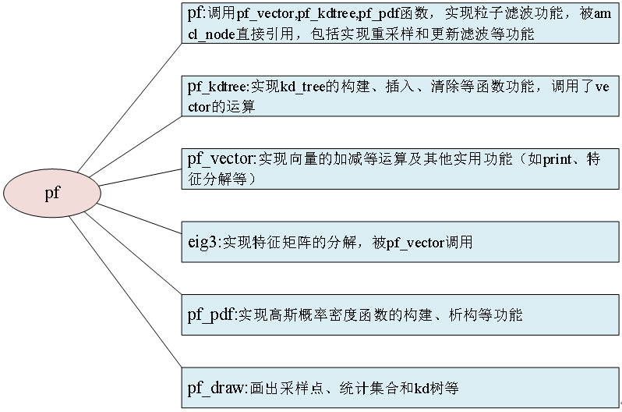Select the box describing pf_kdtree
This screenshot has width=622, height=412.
coord(401,98)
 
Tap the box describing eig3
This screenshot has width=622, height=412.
coord(401,243)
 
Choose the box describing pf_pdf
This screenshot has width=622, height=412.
coord(401,315)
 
